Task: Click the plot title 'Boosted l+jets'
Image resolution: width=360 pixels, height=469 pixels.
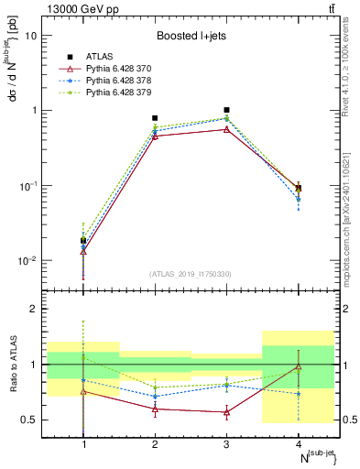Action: pos(191,36)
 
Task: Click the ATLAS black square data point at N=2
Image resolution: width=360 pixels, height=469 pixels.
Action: pos(155,118)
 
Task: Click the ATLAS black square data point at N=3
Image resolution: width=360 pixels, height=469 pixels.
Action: pos(226,110)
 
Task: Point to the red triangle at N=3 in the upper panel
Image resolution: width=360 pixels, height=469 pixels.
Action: pos(226,129)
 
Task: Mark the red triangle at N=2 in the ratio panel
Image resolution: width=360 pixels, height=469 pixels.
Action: pos(155,409)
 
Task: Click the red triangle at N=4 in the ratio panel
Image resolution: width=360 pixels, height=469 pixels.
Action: pos(298,366)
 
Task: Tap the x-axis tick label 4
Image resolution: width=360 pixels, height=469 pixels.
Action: pos(298,444)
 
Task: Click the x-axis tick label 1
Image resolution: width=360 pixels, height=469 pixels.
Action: pos(83,444)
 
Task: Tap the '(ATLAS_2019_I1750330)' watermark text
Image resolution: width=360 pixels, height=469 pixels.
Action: pos(191,274)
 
